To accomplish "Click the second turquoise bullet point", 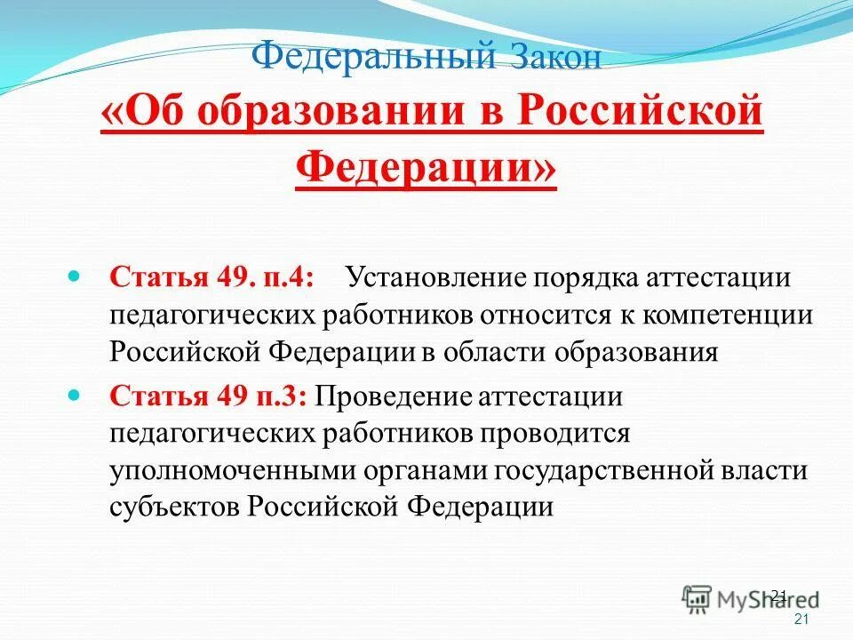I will pyautogui.click(x=75, y=392).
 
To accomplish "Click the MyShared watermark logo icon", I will pyautogui.click(x=698, y=600).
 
